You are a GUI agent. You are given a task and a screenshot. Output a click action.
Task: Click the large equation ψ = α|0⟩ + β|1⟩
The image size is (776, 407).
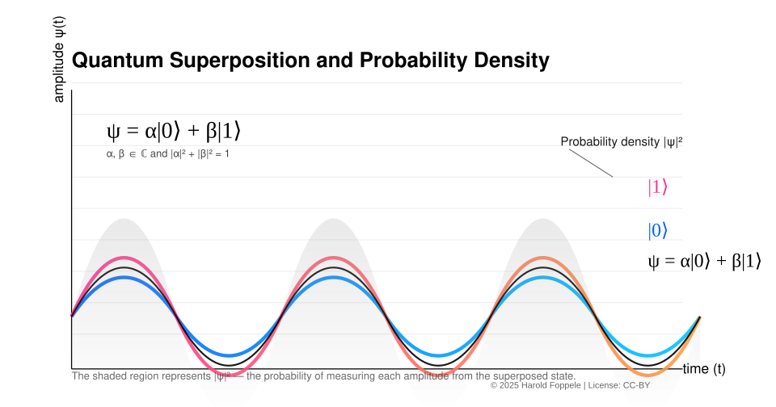click(x=173, y=131)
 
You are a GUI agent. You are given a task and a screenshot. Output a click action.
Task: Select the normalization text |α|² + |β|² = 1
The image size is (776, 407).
click(x=200, y=153)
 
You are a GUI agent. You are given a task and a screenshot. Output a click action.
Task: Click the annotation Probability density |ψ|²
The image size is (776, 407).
click(x=622, y=142)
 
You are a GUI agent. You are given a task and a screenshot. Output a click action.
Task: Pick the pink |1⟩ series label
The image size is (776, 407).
click(x=657, y=187)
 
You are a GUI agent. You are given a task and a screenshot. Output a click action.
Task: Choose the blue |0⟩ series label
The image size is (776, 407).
click(x=657, y=231)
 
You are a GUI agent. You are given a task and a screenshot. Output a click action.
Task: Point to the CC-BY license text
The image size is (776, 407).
click(x=636, y=385)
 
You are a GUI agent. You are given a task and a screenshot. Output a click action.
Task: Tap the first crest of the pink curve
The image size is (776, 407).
click(x=124, y=258)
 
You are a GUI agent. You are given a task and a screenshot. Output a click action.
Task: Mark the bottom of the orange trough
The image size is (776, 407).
click(x=649, y=374)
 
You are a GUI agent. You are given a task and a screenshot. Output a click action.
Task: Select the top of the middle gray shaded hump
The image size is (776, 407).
click(x=334, y=220)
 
